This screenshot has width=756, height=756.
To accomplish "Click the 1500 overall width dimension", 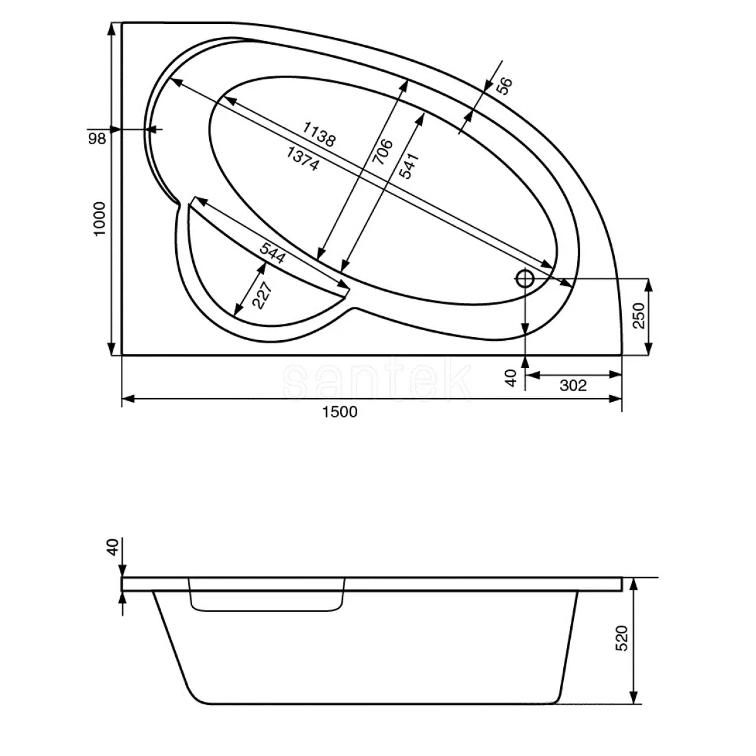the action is tap(340, 411).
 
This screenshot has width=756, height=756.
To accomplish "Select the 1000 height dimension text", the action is tap(100, 219).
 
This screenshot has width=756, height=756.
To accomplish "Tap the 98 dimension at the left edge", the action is tap(96, 139).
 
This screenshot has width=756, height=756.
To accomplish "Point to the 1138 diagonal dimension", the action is tap(319, 134).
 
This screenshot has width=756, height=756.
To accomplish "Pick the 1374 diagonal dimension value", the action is tap(302, 159).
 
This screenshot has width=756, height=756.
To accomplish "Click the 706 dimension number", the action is tap(382, 151).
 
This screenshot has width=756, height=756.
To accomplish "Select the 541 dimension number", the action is tap(409, 166).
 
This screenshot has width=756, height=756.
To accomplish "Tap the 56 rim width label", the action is tap(505, 86).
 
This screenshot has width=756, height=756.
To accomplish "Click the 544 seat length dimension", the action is tap(273, 253).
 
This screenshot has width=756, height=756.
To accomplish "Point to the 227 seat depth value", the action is tap(261, 295).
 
